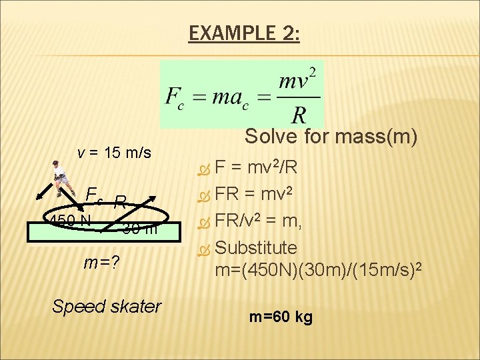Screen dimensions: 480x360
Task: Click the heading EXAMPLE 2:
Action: click(x=244, y=33)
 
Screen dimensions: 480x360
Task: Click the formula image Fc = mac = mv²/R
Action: click(x=241, y=94)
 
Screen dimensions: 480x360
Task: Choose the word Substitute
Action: click(x=257, y=248)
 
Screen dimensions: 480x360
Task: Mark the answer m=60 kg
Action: click(x=281, y=317)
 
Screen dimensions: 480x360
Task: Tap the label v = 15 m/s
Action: click(x=115, y=153)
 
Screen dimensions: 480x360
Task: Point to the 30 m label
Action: click(x=140, y=230)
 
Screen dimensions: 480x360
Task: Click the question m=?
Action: click(x=101, y=263)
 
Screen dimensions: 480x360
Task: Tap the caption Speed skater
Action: click(x=107, y=306)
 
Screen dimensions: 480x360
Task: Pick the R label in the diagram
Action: click(x=121, y=201)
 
